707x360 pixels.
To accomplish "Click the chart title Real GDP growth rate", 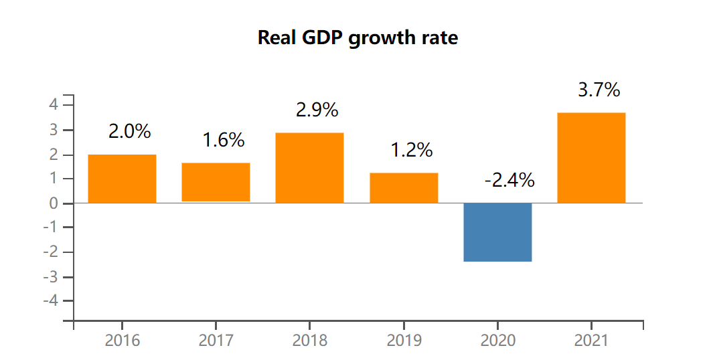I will point(358,38).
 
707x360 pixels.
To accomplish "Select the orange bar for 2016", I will point(122,179).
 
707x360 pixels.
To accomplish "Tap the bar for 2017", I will point(216,182).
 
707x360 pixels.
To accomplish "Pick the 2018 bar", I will point(309,168).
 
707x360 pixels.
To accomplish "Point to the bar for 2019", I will point(404,188).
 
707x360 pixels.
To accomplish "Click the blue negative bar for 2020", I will point(497,232).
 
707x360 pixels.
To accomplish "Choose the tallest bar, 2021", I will point(591,158).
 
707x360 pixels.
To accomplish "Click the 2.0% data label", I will point(129,132).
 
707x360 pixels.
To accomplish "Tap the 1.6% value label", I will point(224,141).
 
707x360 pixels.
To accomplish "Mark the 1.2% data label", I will point(412,151).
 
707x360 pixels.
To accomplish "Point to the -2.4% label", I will point(509,180).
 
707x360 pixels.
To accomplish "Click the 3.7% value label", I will point(599,90).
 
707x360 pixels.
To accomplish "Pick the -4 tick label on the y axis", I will point(50,301).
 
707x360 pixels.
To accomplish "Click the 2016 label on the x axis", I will point(123,341).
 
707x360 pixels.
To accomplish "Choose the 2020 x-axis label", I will point(498,341).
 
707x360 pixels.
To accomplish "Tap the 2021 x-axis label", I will point(592,341).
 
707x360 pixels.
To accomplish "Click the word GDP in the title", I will point(325,38).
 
